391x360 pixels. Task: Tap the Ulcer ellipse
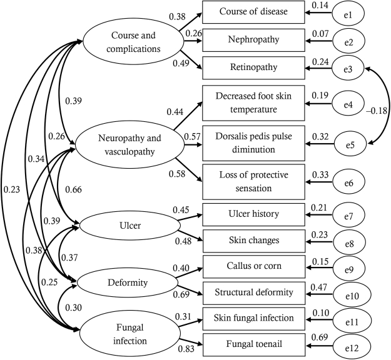[x=126, y=226]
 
